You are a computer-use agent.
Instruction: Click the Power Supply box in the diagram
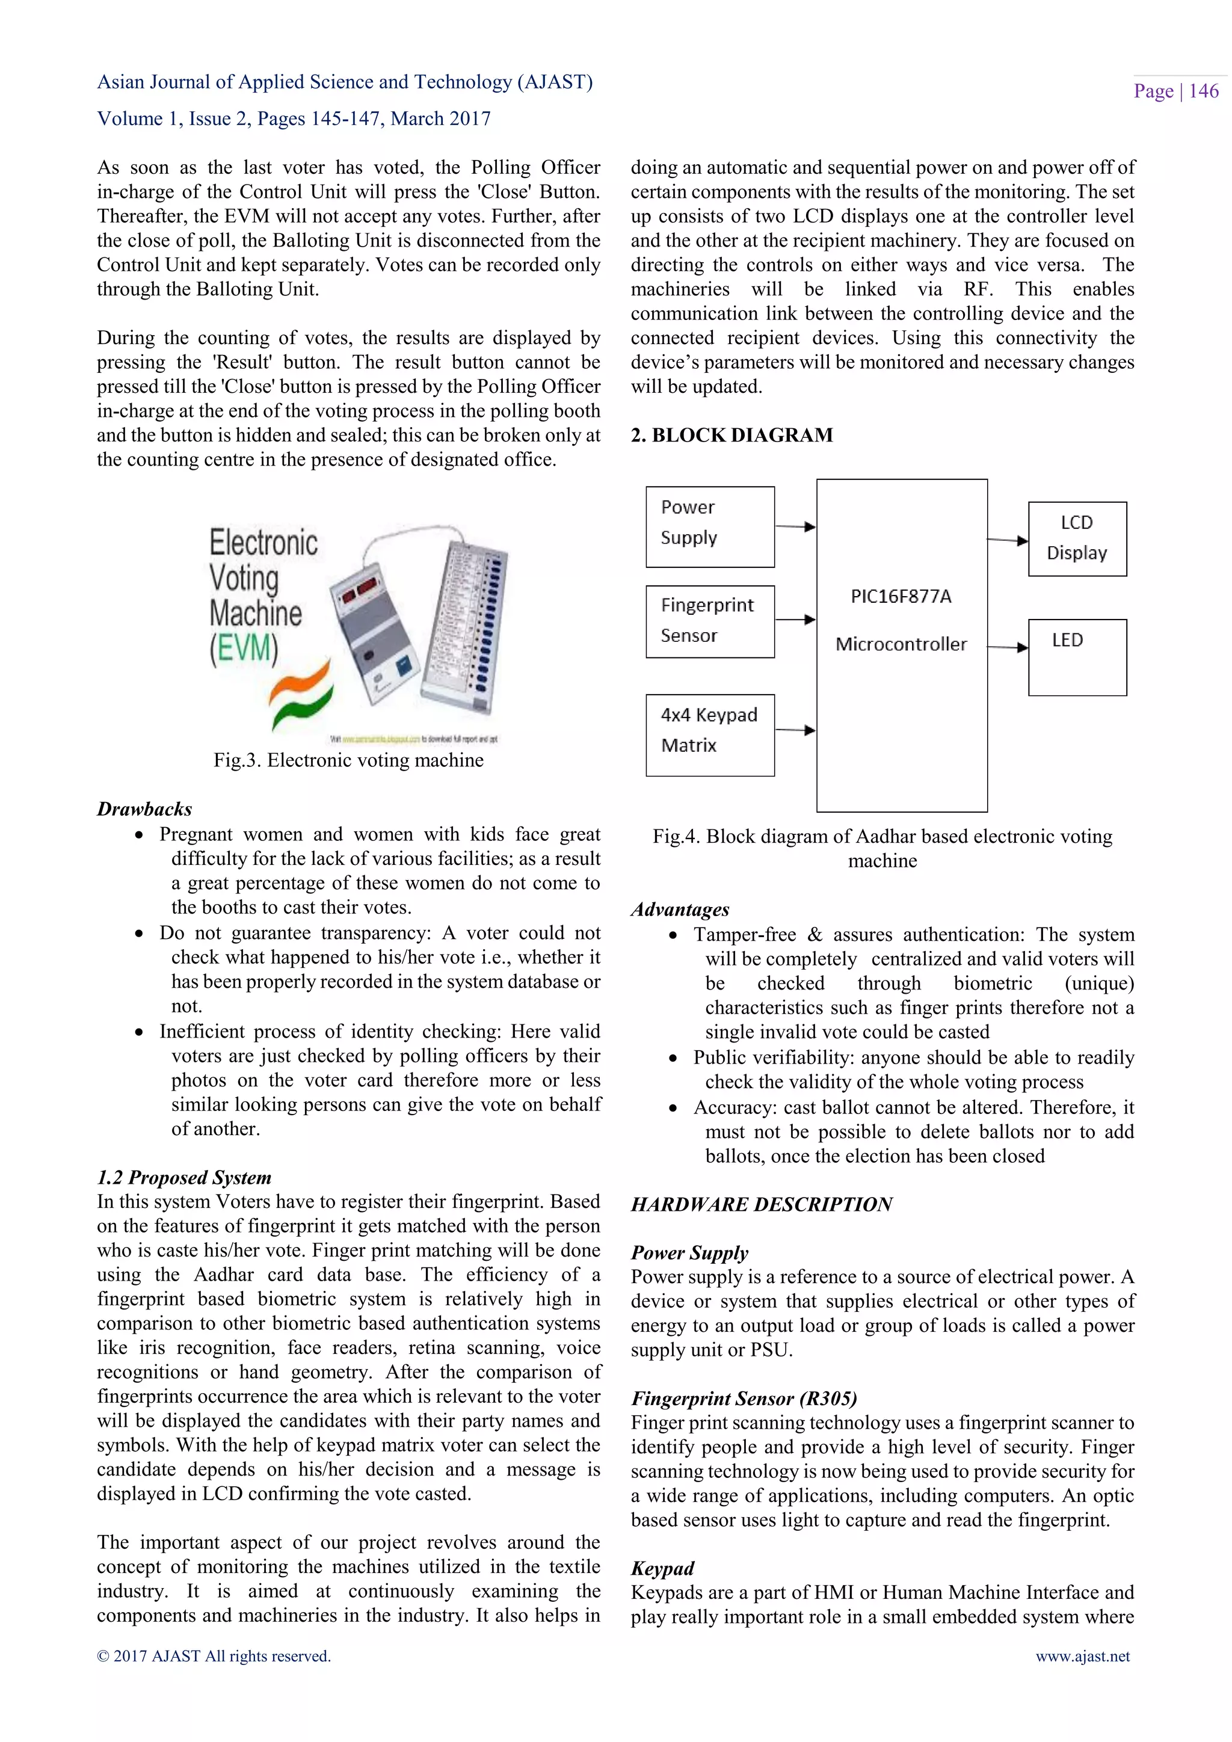(709, 526)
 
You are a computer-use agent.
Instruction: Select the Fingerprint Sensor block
(709, 621)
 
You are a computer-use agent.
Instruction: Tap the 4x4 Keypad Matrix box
(709, 734)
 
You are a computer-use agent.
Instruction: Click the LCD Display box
(1076, 539)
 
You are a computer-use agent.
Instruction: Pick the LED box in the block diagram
(1076, 656)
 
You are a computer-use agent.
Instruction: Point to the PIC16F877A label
(901, 596)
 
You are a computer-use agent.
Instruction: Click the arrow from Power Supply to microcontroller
(795, 526)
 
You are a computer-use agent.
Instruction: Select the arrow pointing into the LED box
(1008, 647)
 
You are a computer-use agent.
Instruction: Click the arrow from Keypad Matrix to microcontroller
(795, 730)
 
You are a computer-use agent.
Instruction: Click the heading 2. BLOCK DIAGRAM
(731, 435)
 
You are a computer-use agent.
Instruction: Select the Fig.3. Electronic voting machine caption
(348, 760)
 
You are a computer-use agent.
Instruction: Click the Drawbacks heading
(144, 809)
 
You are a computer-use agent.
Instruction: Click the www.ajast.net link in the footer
(1083, 1655)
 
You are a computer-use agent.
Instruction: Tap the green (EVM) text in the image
(244, 648)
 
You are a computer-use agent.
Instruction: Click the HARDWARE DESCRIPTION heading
(761, 1204)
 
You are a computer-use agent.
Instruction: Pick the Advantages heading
(680, 909)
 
